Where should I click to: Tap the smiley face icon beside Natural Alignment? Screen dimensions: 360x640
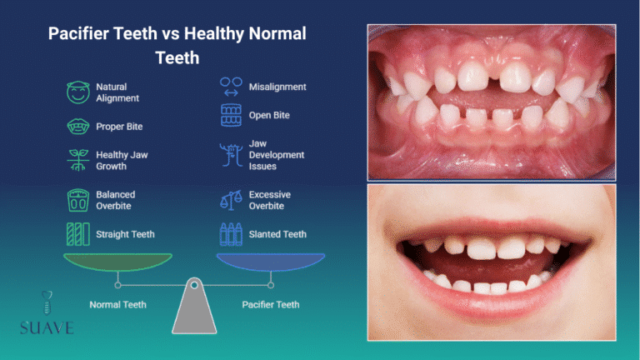[77, 92]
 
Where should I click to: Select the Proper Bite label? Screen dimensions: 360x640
[119, 127]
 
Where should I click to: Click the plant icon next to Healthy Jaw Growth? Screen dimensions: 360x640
[77, 159]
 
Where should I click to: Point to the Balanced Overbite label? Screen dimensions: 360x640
[115, 200]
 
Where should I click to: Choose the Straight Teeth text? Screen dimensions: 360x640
[125, 234]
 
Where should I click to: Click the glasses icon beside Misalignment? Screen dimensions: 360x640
[231, 87]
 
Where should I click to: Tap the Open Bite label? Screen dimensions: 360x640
[269, 115]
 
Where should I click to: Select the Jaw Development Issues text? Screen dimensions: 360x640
[277, 155]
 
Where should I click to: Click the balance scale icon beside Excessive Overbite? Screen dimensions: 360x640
[231, 200]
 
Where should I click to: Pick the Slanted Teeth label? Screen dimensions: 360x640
[277, 234]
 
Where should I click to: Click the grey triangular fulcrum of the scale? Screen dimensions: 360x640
[194, 312]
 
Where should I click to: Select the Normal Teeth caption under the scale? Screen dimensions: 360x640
[117, 305]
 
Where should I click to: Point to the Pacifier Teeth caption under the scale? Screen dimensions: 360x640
[272, 305]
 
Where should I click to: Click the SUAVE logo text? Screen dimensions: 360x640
[47, 327]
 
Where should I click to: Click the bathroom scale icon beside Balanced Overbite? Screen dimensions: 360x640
[77, 200]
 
